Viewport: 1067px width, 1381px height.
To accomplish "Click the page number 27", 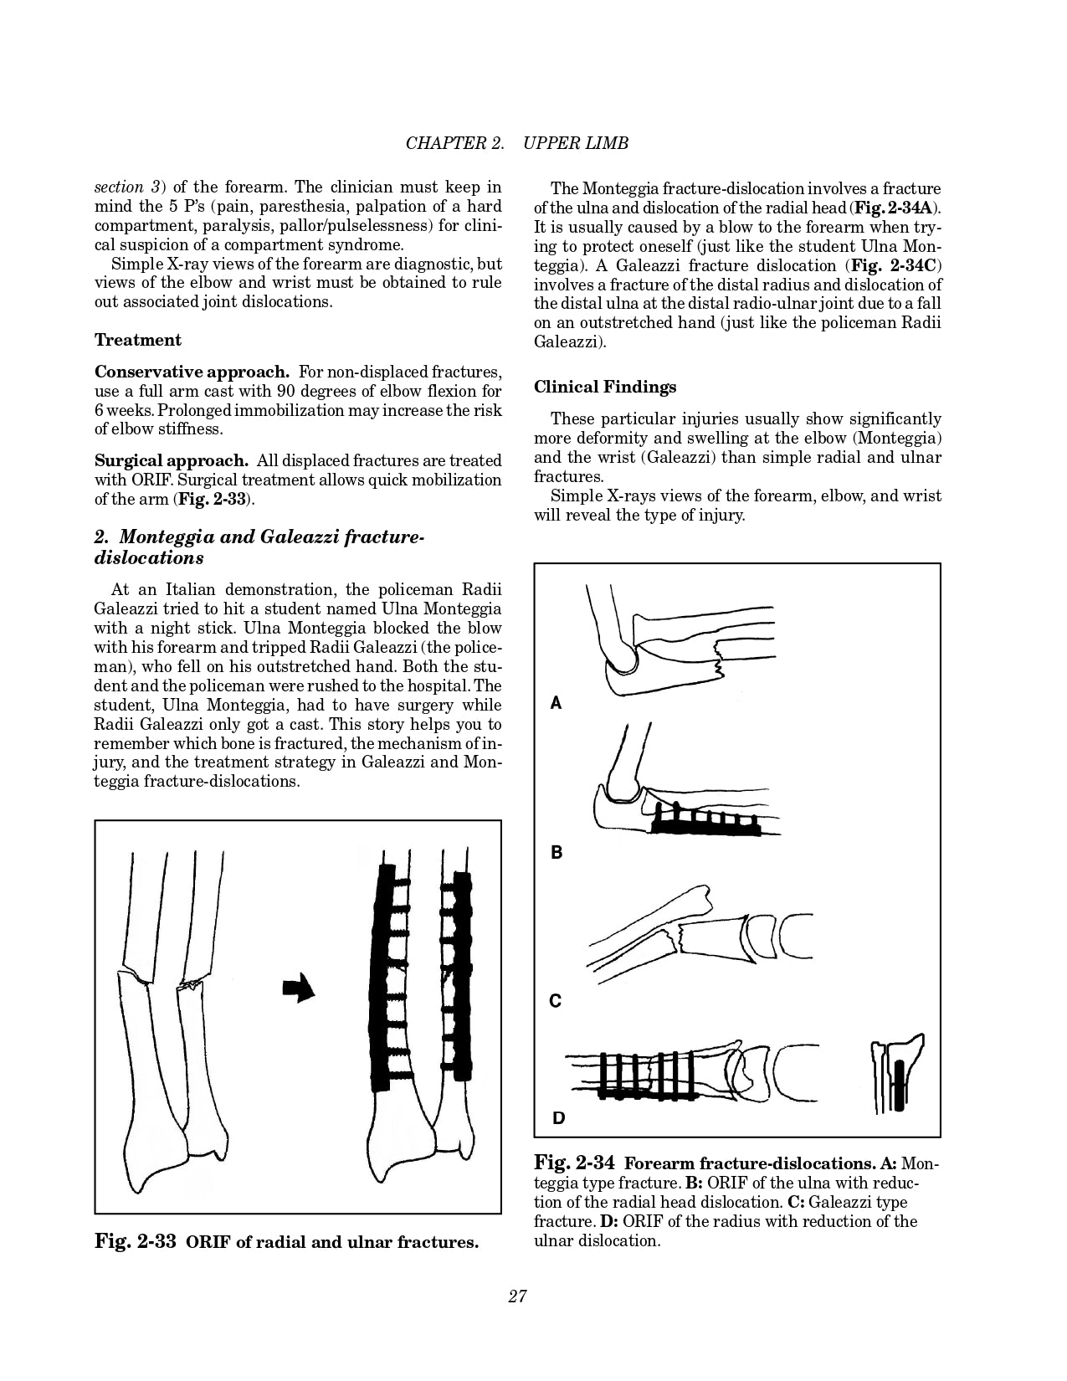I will click(517, 1296).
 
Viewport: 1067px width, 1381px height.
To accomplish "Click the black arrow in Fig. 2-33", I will click(299, 988).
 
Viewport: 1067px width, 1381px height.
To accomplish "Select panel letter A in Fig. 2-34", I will click(556, 704).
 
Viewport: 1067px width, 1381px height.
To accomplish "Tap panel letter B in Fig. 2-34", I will click(556, 853).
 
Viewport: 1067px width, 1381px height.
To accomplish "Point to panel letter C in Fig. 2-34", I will click(555, 1001).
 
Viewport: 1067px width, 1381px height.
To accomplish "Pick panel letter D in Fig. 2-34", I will click(558, 1117).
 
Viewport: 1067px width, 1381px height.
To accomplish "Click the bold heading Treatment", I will click(137, 340).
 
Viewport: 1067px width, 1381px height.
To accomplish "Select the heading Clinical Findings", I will click(605, 387).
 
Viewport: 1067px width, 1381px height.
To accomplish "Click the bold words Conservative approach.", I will click(192, 372).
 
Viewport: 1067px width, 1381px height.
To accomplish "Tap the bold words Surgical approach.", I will click(171, 460).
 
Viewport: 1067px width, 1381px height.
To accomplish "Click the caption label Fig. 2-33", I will click(135, 1241).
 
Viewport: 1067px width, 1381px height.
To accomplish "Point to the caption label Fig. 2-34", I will click(574, 1163).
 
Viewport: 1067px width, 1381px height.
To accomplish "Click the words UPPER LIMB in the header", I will click(575, 143).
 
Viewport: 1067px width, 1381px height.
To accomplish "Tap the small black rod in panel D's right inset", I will click(899, 1086).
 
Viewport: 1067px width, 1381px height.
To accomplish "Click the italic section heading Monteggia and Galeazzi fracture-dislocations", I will click(259, 547).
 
